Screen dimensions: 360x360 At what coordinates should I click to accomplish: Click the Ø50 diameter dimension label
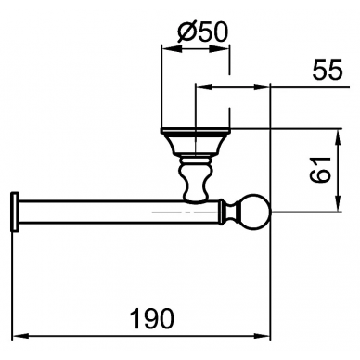point(202,32)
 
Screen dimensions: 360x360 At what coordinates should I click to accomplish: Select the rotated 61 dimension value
point(320,170)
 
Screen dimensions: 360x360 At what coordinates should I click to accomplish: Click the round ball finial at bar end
point(255,212)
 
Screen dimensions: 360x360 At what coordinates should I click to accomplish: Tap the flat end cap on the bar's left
point(15,212)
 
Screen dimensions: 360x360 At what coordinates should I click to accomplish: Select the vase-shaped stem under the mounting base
point(195,179)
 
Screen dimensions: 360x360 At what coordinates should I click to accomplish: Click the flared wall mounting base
point(196,141)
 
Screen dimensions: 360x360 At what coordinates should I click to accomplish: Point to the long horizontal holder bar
point(119,212)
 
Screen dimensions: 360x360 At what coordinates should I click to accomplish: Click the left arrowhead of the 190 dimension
point(20,336)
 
